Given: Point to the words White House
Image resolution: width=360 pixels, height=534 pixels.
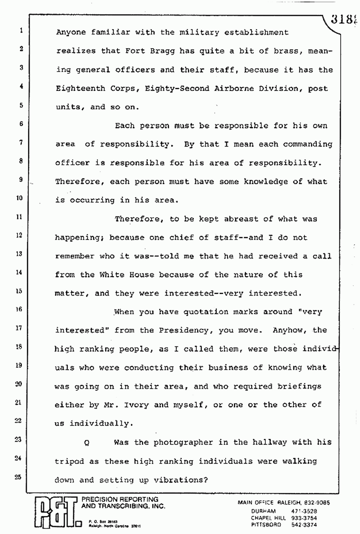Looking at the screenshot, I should pos(121,275).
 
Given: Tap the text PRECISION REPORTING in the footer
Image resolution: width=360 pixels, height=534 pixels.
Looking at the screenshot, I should pos(120,499).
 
